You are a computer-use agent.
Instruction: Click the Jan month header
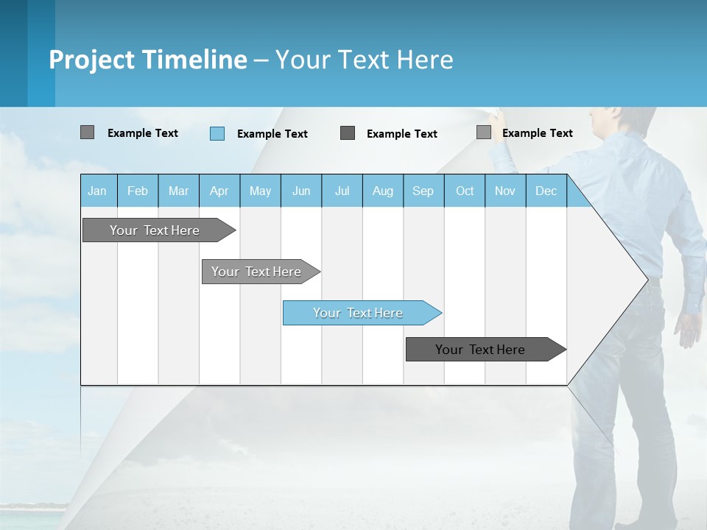coord(97,191)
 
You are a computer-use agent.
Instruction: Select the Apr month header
coord(219,191)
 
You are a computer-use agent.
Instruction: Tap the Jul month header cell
coord(342,191)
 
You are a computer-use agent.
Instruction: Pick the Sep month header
coord(423,191)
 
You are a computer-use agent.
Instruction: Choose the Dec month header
coord(546,191)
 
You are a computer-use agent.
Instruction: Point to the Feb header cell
coord(138,191)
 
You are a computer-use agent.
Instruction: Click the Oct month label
coord(465,191)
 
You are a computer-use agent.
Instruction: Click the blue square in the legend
coord(217,133)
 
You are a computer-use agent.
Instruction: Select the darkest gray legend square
coord(348,133)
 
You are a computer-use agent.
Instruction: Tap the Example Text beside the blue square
coord(272,133)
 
